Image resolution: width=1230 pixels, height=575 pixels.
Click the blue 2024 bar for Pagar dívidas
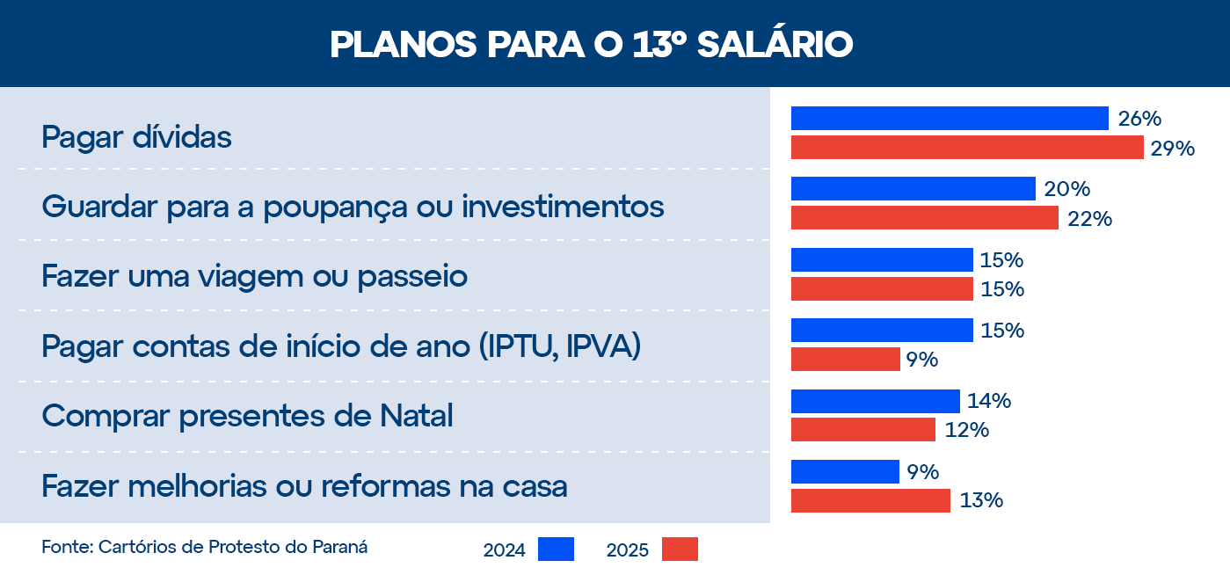(950, 118)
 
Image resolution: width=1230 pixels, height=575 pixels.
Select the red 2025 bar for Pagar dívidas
(967, 147)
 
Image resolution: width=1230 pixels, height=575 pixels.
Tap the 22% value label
(1089, 219)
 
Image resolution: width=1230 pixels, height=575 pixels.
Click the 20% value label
(1066, 189)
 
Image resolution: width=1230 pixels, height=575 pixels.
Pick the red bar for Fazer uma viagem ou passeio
(882, 288)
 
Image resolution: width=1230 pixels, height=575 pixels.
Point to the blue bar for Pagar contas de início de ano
(882, 330)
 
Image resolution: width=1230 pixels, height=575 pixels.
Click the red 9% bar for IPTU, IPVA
(845, 359)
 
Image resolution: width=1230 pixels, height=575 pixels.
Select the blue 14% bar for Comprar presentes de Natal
(875, 401)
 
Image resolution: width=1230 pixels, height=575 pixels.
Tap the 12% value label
(967, 430)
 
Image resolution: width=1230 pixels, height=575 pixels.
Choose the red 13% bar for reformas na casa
(870, 500)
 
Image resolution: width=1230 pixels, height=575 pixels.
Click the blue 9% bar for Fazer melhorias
(845, 471)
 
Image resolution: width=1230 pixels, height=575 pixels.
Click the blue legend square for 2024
(556, 549)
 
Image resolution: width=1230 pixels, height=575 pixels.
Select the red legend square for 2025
(680, 549)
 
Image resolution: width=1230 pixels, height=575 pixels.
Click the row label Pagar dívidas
(136, 137)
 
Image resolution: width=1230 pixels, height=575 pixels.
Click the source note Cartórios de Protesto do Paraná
(232, 546)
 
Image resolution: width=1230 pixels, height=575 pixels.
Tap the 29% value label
(1173, 149)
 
